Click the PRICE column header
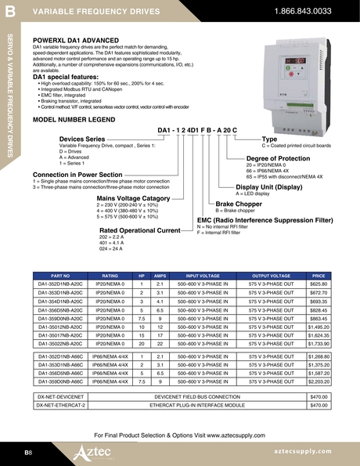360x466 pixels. click(x=319, y=276)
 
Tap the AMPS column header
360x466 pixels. click(x=160, y=276)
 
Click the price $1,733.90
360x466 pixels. click(x=319, y=344)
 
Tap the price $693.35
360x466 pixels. click(x=319, y=302)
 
